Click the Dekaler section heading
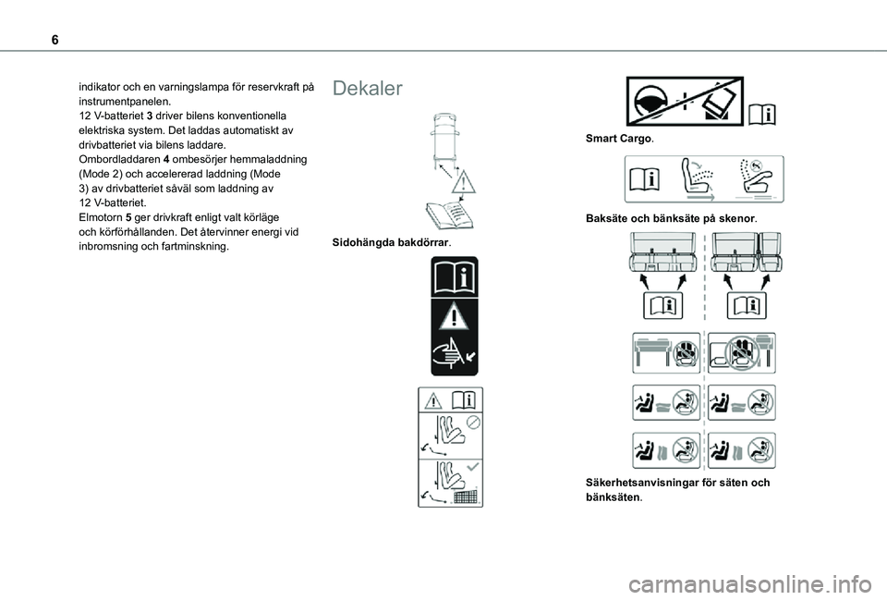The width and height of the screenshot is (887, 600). pyautogui.click(x=367, y=89)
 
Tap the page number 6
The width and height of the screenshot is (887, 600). pyautogui.click(x=55, y=40)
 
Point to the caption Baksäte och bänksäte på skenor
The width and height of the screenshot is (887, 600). pyautogui.click(x=672, y=218)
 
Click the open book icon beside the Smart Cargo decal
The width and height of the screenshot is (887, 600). pyautogui.click(x=762, y=115)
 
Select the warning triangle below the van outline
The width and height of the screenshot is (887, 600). pyautogui.click(x=463, y=182)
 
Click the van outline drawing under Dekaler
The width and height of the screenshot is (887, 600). pyautogui.click(x=445, y=140)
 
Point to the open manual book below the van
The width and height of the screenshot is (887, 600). pyautogui.click(x=450, y=215)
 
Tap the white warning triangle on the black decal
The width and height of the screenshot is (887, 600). pyautogui.click(x=455, y=316)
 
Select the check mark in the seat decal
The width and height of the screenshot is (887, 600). pyautogui.click(x=473, y=467)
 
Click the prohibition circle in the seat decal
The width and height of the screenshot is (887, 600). pyautogui.click(x=473, y=422)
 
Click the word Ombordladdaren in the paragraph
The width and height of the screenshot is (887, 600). pyautogui.click(x=119, y=160)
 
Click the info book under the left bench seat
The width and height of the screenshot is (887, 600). pyautogui.click(x=663, y=306)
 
